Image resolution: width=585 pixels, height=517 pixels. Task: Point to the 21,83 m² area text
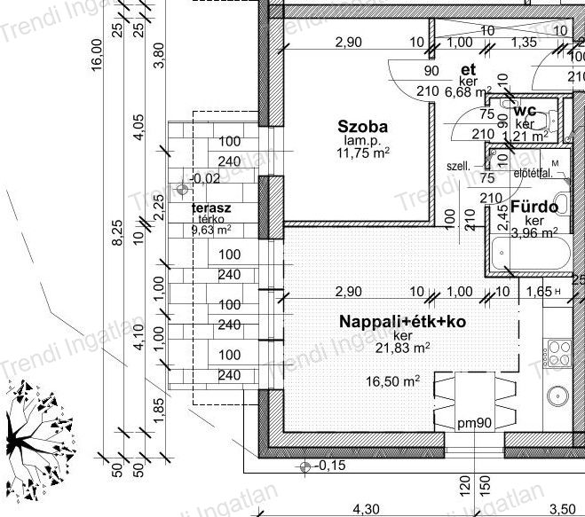tap(402, 349)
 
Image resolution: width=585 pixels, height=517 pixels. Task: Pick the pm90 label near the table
tap(475, 423)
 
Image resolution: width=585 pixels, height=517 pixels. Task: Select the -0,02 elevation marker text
tap(205, 178)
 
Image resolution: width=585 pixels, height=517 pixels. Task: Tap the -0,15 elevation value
tap(330, 465)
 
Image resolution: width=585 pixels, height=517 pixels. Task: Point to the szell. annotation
tap(458, 166)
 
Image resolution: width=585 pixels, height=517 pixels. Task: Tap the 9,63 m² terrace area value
tap(211, 229)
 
